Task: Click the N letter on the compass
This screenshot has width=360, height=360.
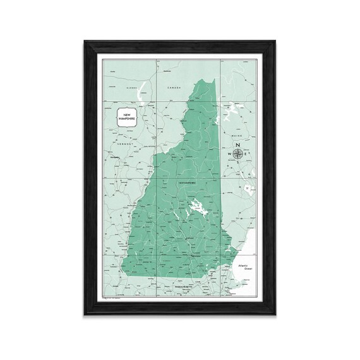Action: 238,145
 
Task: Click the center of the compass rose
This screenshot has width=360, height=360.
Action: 238,153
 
